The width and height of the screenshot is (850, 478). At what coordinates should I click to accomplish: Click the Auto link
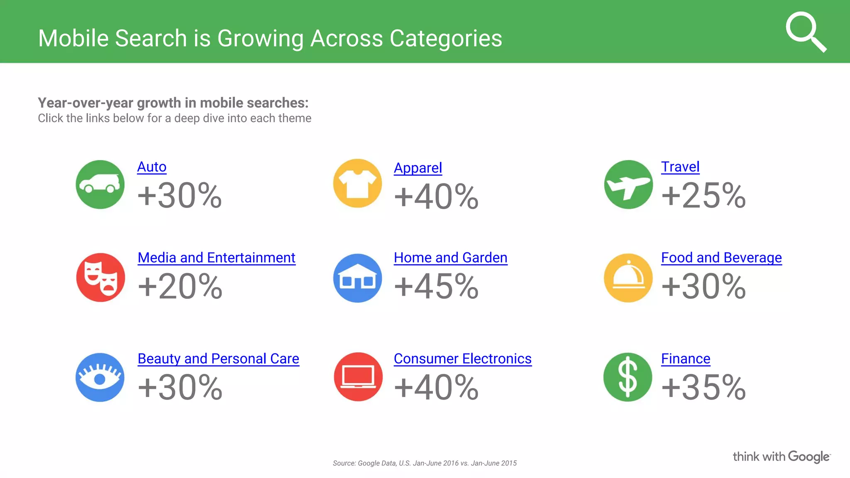click(x=151, y=167)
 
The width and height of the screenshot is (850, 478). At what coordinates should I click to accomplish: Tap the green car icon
click(x=100, y=184)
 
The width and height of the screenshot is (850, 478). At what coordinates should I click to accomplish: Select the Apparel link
click(x=418, y=168)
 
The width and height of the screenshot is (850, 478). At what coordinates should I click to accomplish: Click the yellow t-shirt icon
click(x=357, y=183)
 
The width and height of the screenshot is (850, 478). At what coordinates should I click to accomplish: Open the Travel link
click(x=680, y=167)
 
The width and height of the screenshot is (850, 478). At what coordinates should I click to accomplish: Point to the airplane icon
click(x=628, y=184)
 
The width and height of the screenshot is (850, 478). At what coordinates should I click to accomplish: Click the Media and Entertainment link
click(x=216, y=258)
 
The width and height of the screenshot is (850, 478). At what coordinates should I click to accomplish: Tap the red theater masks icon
click(x=100, y=277)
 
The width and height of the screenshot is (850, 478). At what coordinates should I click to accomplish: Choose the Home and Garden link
click(x=450, y=258)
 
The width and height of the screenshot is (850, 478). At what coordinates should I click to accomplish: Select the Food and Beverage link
click(x=721, y=258)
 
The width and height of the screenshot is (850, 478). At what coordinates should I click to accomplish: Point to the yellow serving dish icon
click(x=628, y=278)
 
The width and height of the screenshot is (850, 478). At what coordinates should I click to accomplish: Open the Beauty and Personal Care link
click(x=218, y=358)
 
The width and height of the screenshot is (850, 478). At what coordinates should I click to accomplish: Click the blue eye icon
click(x=100, y=377)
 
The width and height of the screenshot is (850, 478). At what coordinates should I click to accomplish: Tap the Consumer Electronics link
click(x=462, y=358)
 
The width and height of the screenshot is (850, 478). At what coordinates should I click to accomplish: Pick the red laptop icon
click(x=358, y=377)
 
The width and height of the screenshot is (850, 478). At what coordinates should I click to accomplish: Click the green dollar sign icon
click(x=628, y=377)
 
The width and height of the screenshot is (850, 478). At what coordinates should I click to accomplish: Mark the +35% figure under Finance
click(x=703, y=387)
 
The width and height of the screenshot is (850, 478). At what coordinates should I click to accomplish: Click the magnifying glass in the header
click(x=805, y=32)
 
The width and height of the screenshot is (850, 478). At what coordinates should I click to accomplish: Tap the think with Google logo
click(x=781, y=456)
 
